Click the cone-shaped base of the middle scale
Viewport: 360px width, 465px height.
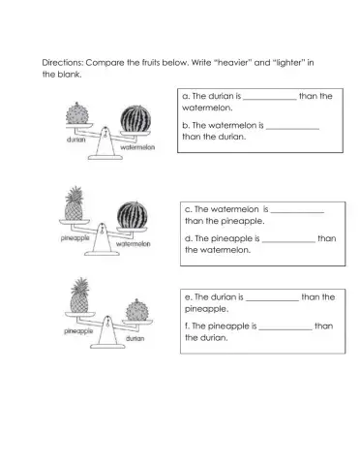102,239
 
